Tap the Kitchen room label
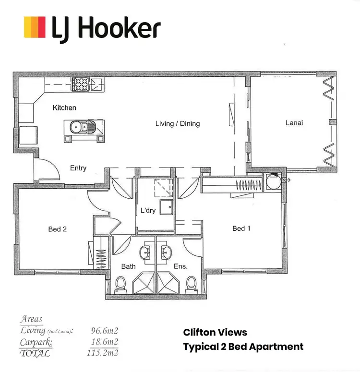[x=64, y=108]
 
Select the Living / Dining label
[x=177, y=124]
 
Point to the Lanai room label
[x=294, y=123]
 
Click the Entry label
[x=78, y=168]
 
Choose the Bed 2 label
[x=57, y=229]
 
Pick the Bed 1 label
[x=241, y=228]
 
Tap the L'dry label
[x=148, y=211]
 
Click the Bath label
[x=128, y=266]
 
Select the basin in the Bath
[x=145, y=251]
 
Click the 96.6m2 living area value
[x=105, y=331]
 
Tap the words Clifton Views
[x=215, y=332]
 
